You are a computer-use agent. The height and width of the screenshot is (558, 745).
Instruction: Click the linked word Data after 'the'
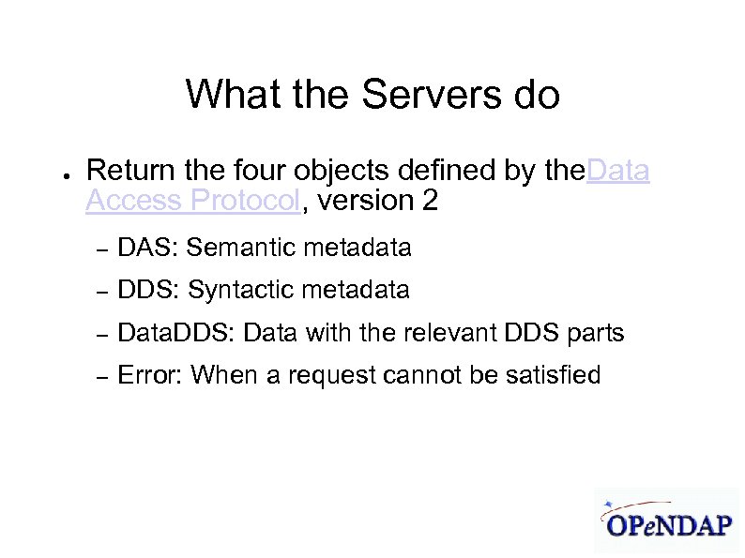(x=617, y=171)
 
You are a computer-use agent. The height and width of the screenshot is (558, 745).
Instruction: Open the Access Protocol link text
(x=192, y=201)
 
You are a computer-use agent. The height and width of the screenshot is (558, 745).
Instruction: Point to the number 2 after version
(x=430, y=201)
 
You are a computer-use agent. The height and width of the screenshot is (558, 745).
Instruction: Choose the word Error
(x=150, y=376)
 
